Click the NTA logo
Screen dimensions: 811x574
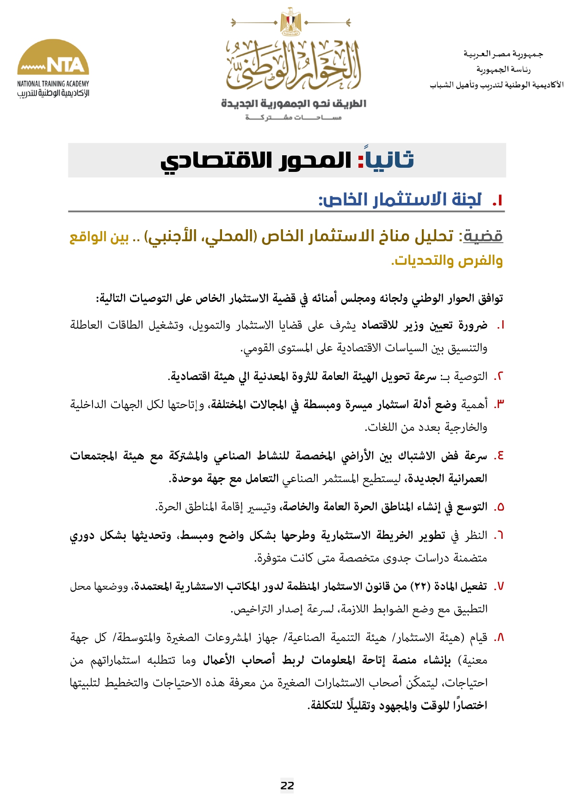click(x=53, y=58)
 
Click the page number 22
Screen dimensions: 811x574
click(x=287, y=785)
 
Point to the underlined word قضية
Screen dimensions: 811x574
click(x=483, y=236)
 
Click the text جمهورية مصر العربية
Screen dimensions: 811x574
click(x=503, y=54)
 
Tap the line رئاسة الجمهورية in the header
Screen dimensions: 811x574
click(x=503, y=69)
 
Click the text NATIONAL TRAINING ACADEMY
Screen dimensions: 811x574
click(x=53, y=84)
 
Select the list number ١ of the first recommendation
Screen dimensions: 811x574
click(x=500, y=325)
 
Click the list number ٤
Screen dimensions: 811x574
click(x=499, y=456)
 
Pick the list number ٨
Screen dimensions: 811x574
click(x=499, y=638)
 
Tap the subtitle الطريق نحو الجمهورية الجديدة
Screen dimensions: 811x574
click(x=293, y=104)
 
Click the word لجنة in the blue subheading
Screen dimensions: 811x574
click(x=465, y=200)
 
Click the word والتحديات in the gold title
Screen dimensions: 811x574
click(x=421, y=261)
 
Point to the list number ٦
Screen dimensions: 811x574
click(x=499, y=536)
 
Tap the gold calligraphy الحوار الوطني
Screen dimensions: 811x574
click(x=293, y=65)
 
